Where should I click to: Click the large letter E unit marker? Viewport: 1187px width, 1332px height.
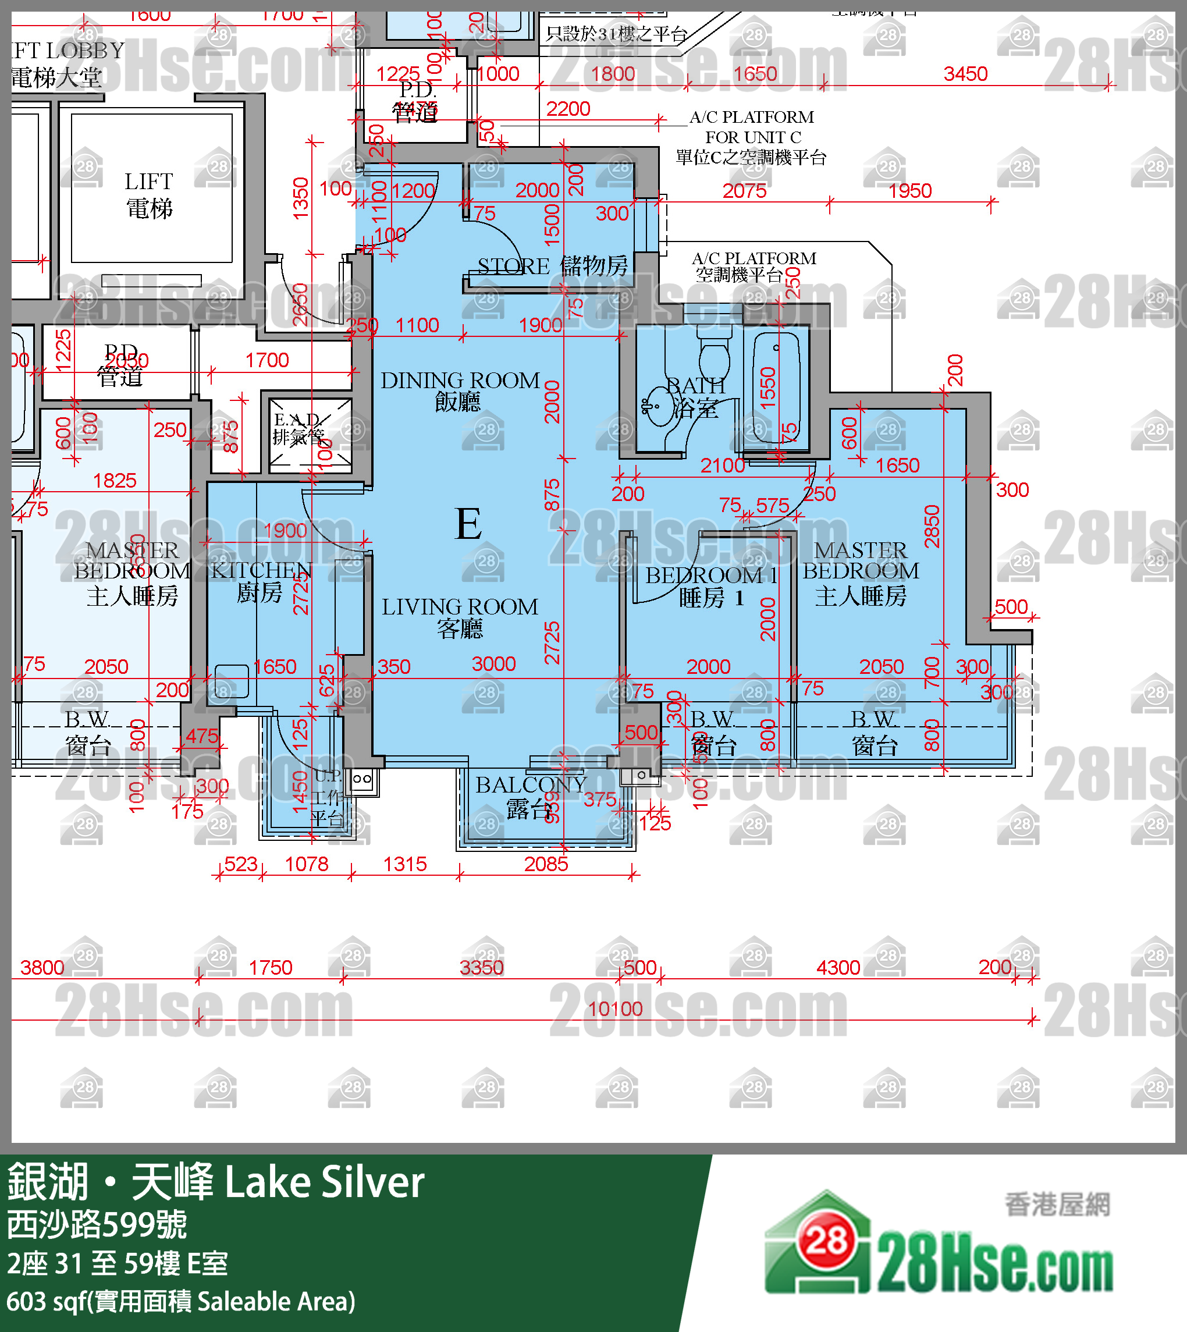click(x=468, y=524)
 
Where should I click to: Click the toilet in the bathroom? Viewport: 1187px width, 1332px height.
click(x=714, y=356)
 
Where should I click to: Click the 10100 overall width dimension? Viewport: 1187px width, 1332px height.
click(x=615, y=1009)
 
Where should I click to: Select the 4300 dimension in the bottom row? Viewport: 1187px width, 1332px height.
click(x=838, y=967)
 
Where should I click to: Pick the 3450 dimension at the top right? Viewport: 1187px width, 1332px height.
click(x=965, y=74)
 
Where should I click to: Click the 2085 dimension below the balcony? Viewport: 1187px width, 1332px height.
click(x=546, y=864)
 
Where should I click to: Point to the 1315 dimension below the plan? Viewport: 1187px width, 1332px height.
click(x=404, y=864)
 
